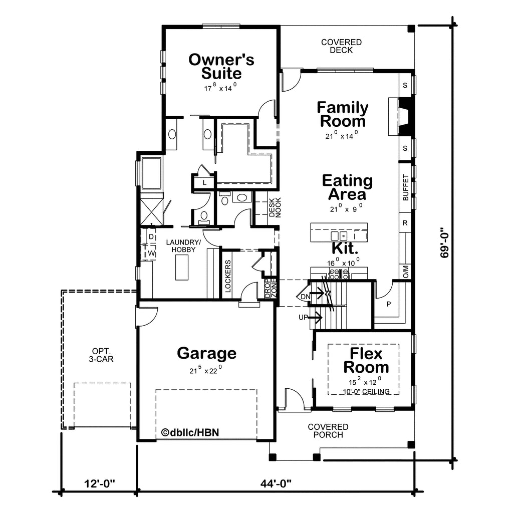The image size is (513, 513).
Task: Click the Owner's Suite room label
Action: [x=221, y=67]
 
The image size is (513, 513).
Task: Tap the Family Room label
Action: [x=342, y=114]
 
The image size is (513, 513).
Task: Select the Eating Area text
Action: [x=347, y=187]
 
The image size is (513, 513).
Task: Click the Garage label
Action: [x=206, y=353]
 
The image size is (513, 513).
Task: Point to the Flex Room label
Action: [x=366, y=360]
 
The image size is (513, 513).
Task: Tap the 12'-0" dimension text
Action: [x=99, y=483]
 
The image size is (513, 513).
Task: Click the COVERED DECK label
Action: [x=341, y=46]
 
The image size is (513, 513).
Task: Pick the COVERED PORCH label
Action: [x=328, y=431]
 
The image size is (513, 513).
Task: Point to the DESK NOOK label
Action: [x=275, y=207]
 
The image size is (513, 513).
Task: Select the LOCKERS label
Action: [x=228, y=276]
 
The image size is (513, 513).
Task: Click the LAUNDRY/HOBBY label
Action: [x=180, y=245]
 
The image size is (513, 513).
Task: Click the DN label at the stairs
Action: [x=306, y=297]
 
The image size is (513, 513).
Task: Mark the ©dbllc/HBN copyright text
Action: [x=190, y=432]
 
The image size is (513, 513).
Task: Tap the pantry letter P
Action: [x=389, y=304]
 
